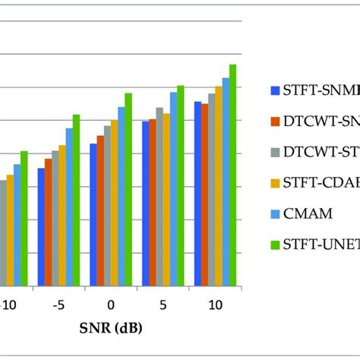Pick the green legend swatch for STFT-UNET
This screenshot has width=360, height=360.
pyautogui.click(x=276, y=245)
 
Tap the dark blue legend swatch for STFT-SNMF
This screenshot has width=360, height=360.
pyautogui.click(x=276, y=89)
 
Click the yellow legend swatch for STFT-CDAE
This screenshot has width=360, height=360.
pyautogui.click(x=276, y=182)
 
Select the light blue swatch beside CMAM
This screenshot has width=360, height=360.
pyautogui.click(x=276, y=213)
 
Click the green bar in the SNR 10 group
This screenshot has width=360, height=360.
pyautogui.click(x=233, y=175)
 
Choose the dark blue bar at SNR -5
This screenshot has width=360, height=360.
pyautogui.click(x=41, y=227)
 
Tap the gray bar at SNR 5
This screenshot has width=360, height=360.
pyautogui.click(x=159, y=197)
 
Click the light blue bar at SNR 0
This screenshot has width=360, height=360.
pyautogui.click(x=122, y=197)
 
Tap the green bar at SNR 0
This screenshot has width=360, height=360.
pyautogui.click(x=128, y=190)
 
